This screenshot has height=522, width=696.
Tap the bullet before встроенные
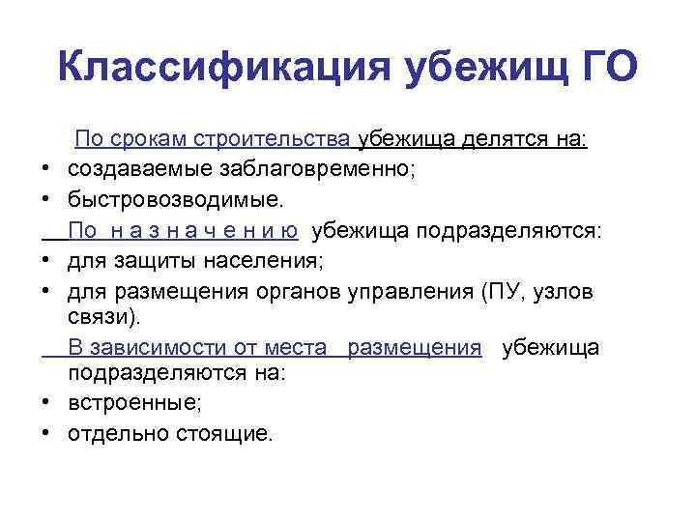click(x=46, y=403)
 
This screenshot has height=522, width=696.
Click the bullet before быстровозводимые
click(x=46, y=201)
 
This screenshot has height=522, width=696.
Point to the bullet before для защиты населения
click(x=46, y=263)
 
